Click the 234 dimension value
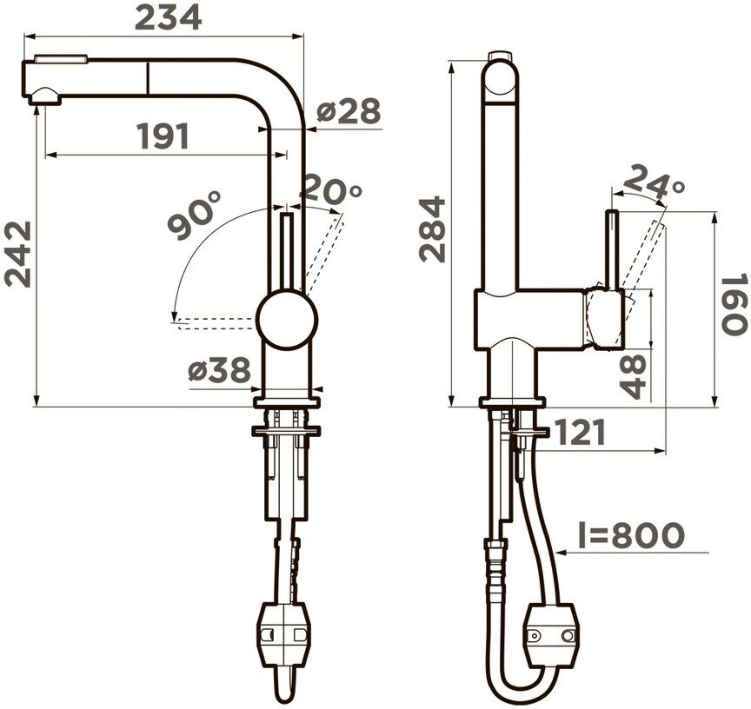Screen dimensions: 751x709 click(x=168, y=18)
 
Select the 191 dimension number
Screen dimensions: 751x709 click(x=163, y=136)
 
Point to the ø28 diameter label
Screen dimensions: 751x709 click(x=349, y=111)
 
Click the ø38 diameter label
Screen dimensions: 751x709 click(x=219, y=370)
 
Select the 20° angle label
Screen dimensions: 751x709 click(x=330, y=189)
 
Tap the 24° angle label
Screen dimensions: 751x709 click(x=655, y=182)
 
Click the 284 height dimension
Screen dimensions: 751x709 click(x=433, y=229)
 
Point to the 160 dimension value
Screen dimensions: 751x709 click(x=734, y=303)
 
